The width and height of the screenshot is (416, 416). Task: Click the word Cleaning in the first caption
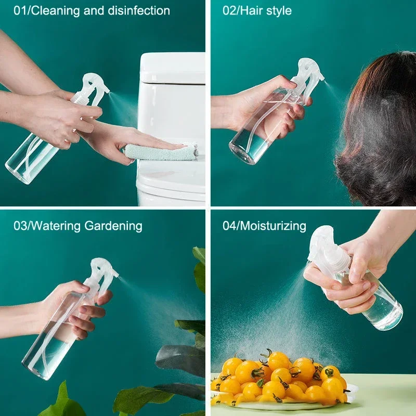coord(53,10)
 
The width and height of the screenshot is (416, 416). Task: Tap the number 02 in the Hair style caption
coord(229,10)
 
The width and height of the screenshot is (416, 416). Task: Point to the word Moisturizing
coord(275,226)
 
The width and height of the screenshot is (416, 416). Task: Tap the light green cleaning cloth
coord(161,152)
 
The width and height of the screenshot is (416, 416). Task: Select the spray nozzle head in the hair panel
coord(307,75)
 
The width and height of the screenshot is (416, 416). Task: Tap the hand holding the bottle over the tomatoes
coord(354,276)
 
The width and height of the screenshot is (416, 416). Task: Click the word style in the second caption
coord(278,10)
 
